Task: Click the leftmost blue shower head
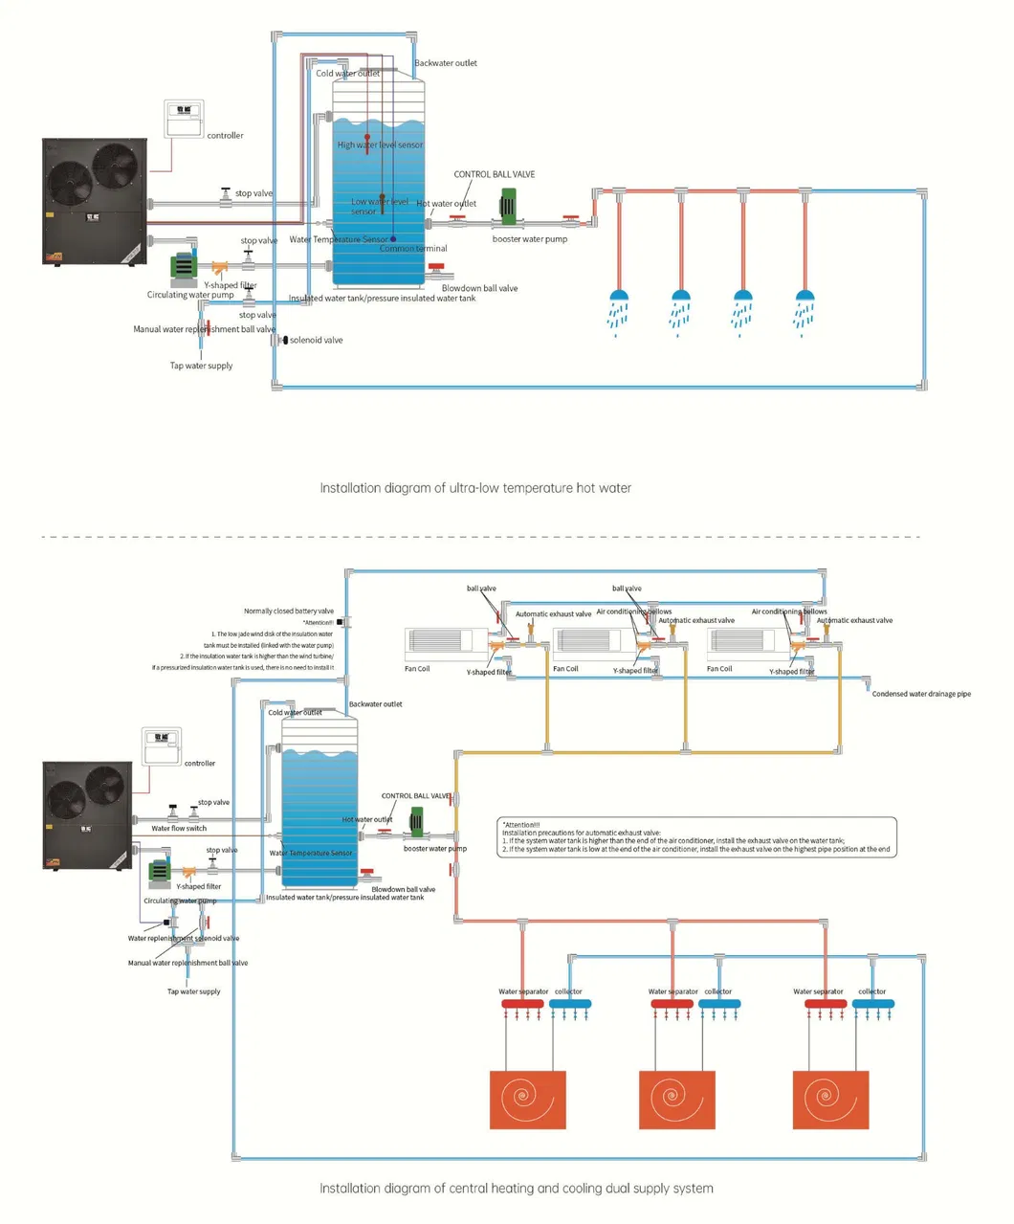[x=619, y=297]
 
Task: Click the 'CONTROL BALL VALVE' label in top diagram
[x=494, y=174]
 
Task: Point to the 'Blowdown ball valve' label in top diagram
[x=479, y=288]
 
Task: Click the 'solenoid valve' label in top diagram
[x=316, y=340]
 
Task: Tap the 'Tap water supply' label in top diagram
[x=201, y=366]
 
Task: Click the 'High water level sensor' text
[x=380, y=145]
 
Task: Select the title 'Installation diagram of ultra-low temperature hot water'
[x=475, y=488]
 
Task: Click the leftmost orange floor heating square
[x=528, y=1099]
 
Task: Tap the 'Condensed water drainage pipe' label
[x=920, y=694]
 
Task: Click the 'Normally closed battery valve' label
[x=288, y=611]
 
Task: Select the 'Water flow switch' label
[x=179, y=829]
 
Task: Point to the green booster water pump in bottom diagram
[x=417, y=822]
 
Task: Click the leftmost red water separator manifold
[x=522, y=1004]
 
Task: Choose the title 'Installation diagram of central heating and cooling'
[x=516, y=1189]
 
